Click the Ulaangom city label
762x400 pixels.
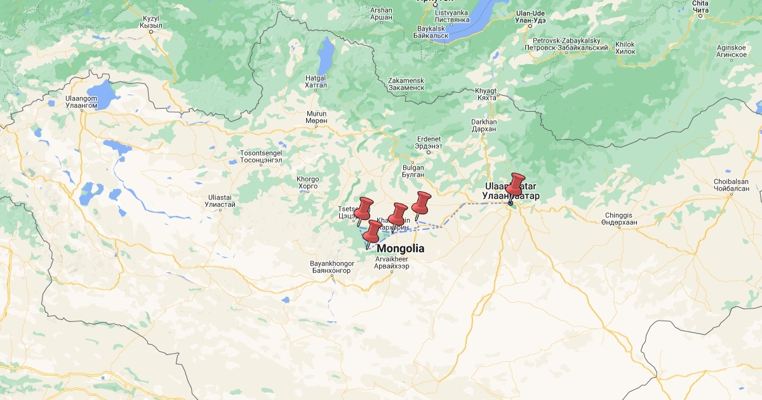click(81, 102)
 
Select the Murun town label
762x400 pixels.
click(316, 117)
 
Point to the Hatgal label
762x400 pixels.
click(316, 81)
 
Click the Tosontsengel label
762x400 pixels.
click(260, 156)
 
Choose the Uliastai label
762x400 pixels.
click(220, 201)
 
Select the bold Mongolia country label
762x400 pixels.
click(401, 249)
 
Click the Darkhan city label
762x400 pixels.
click(484, 125)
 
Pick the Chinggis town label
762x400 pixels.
click(618, 219)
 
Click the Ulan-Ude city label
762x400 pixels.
click(531, 17)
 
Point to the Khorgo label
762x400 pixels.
click(308, 183)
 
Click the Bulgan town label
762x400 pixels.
click(413, 171)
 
